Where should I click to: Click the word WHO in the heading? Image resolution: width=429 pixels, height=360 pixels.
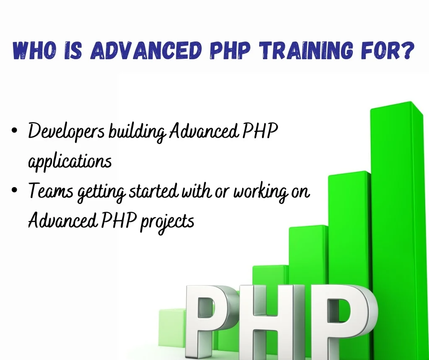(34, 50)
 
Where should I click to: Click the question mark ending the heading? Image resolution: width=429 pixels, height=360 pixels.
(408, 50)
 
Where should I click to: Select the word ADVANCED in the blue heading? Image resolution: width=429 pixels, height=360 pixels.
(146, 50)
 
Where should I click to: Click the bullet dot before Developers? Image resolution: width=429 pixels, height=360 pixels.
(15, 130)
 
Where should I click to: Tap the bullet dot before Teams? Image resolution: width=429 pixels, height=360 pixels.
(15, 190)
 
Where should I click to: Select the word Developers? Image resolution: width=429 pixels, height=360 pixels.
(66, 131)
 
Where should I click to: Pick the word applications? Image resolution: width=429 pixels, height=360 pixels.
(70, 162)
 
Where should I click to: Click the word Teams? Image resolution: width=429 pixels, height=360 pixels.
(51, 190)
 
